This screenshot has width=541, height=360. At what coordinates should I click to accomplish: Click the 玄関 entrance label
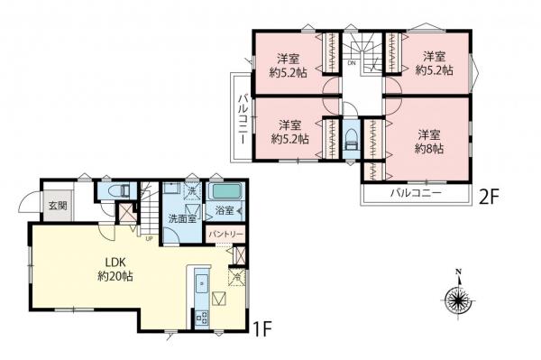click(57, 206)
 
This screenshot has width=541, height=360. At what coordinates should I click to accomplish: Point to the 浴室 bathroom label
click(223, 212)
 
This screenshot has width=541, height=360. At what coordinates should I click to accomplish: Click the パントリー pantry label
click(225, 234)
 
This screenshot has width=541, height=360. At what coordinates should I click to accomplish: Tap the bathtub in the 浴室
click(225, 192)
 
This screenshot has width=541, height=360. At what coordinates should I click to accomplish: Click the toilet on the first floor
click(117, 191)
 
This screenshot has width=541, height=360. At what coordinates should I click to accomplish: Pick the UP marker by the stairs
click(148, 238)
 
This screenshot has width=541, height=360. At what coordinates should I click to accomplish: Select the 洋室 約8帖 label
click(428, 142)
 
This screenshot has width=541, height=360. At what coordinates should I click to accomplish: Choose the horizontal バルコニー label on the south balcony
click(416, 193)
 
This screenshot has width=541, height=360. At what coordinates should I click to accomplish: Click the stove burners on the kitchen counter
click(198, 317)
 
